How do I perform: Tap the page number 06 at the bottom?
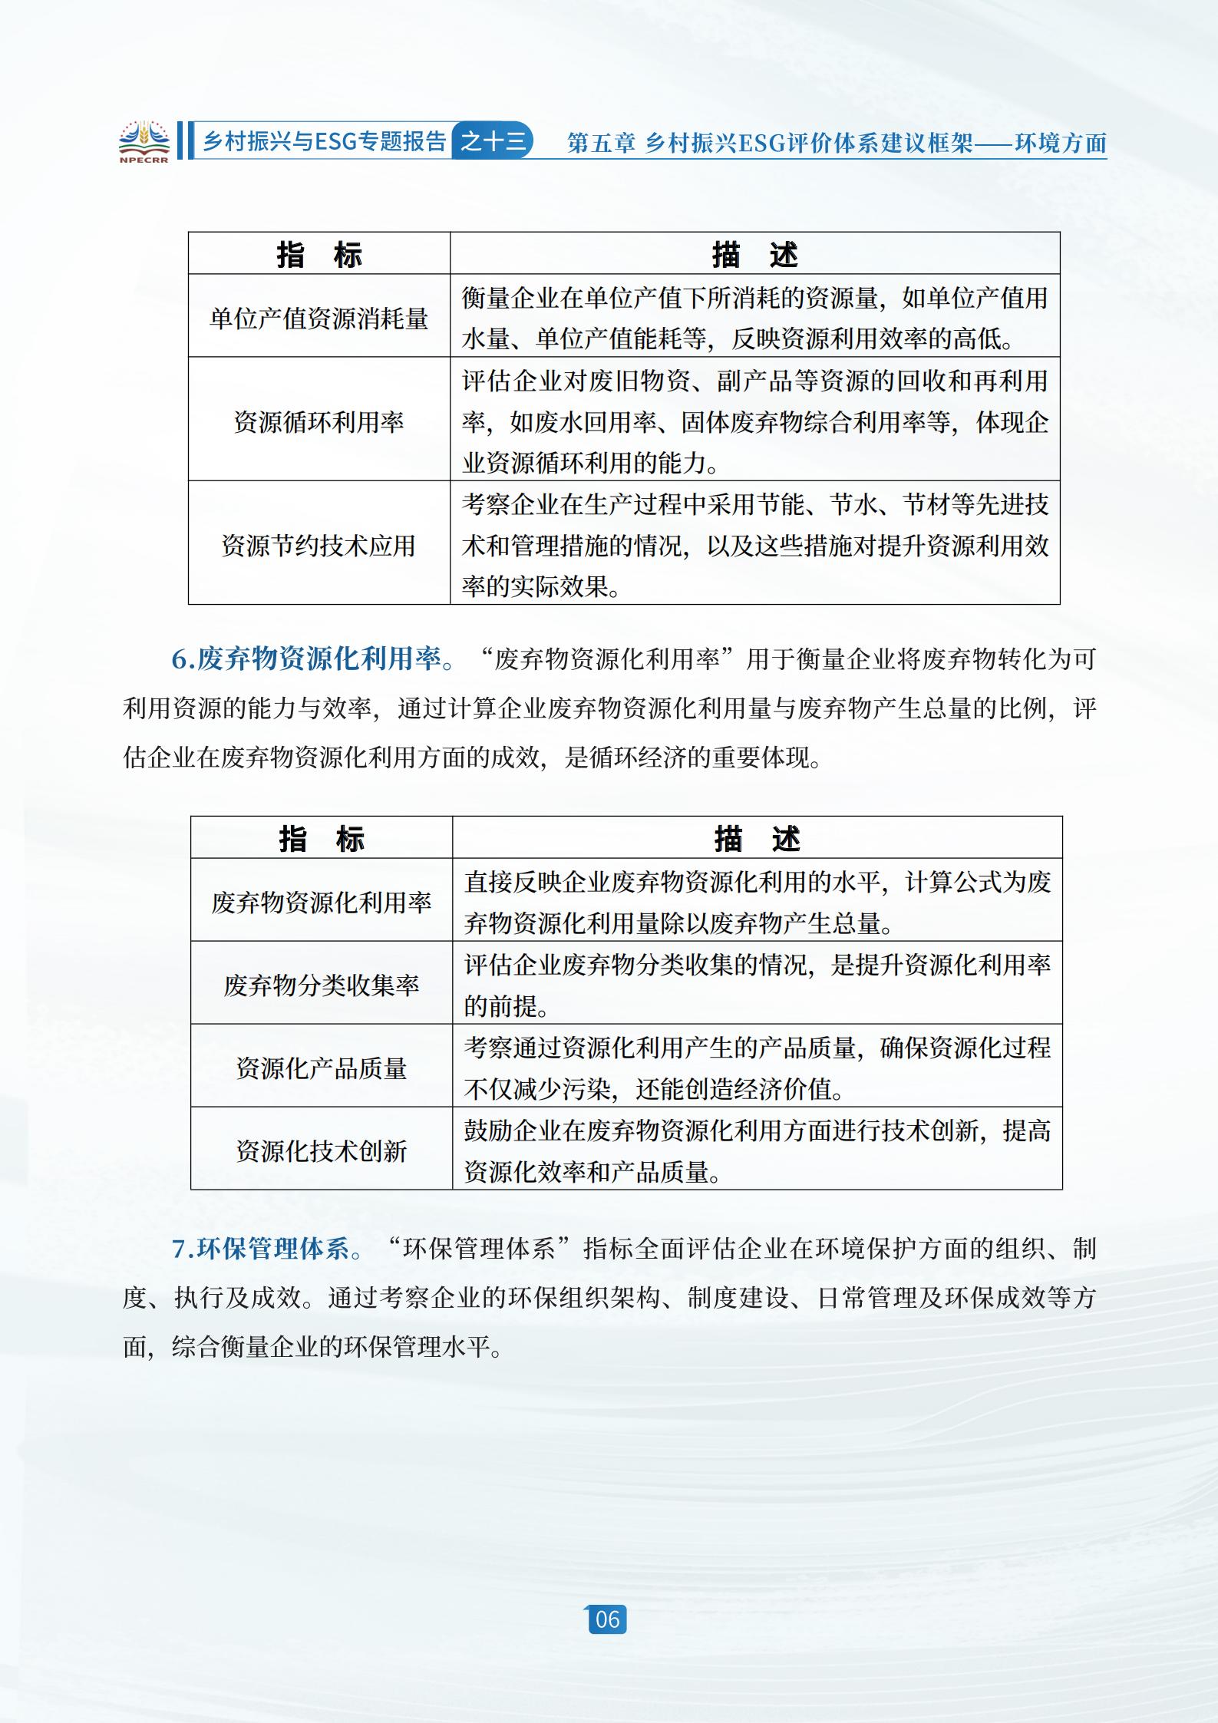click(607, 1619)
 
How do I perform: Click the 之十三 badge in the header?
click(493, 141)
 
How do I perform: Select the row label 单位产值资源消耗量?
click(319, 319)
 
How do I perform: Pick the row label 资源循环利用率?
click(319, 422)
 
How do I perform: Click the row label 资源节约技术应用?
click(319, 546)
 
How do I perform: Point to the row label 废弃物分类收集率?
click(322, 985)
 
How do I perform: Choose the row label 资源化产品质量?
click(322, 1068)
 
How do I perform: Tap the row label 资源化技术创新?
click(322, 1150)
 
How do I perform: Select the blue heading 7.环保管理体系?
click(260, 1249)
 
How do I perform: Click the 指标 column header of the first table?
click(319, 255)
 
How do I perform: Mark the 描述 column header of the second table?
click(757, 839)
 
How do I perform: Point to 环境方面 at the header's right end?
click(1061, 144)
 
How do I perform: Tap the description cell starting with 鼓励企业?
click(757, 1150)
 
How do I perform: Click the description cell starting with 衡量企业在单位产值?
click(754, 319)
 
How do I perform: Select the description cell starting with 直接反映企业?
click(757, 902)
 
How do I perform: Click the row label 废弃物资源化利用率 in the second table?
click(322, 902)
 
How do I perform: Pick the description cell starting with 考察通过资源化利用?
click(757, 1068)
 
